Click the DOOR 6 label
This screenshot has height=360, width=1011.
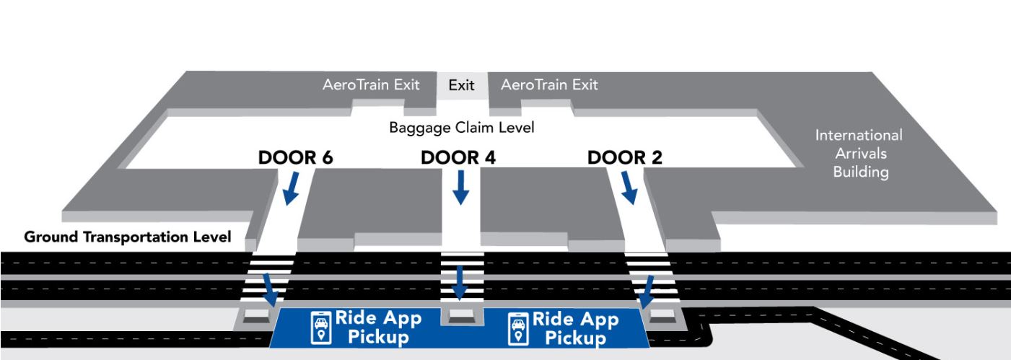point(297,158)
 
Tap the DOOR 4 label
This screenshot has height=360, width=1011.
point(458,158)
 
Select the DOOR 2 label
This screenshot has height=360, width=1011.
point(625,158)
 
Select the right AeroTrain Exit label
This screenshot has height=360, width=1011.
point(549,85)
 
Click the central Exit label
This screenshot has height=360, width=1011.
point(461,86)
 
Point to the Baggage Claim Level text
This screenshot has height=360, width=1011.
point(461,128)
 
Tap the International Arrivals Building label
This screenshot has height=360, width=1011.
point(859,154)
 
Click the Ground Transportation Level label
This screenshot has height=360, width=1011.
point(127,237)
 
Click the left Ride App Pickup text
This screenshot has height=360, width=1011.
point(379,328)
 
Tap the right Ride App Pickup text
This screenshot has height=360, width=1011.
point(577,328)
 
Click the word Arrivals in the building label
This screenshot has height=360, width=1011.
point(859,154)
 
